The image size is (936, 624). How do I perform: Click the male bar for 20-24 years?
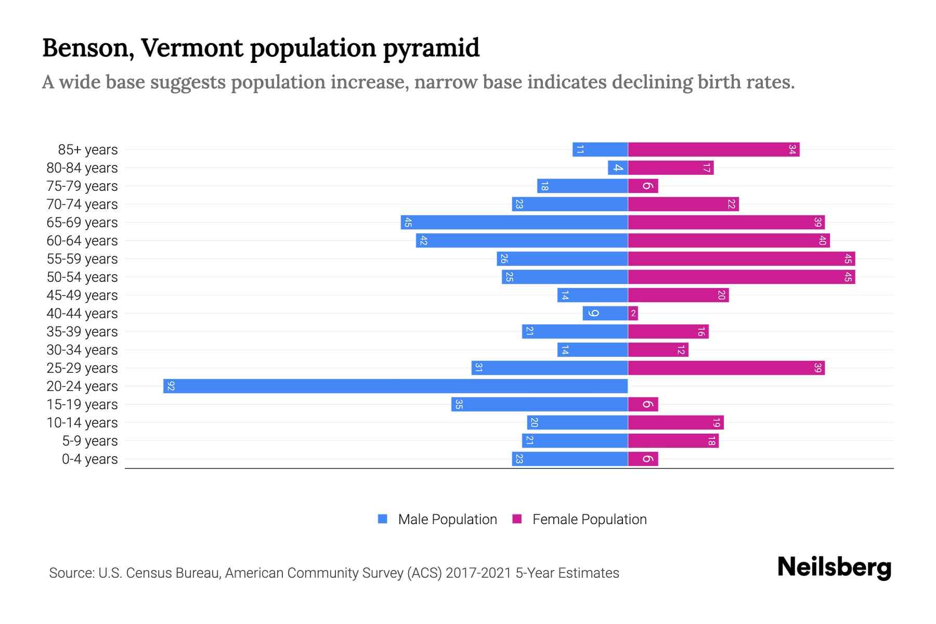pyautogui.click(x=395, y=386)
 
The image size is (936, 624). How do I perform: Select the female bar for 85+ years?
pyautogui.click(x=713, y=150)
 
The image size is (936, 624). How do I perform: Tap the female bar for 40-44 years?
pyautogui.click(x=633, y=314)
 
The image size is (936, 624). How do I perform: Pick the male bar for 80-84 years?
pyautogui.click(x=618, y=168)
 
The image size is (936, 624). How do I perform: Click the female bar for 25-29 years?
pyautogui.click(x=726, y=368)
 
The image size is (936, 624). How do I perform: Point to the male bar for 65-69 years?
pyautogui.click(x=514, y=223)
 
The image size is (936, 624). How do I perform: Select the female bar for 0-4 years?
pyautogui.click(x=643, y=459)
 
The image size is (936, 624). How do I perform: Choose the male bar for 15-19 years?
pyautogui.click(x=539, y=405)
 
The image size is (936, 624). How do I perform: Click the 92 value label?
pyautogui.click(x=171, y=386)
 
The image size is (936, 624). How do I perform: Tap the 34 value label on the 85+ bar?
pyautogui.click(x=792, y=150)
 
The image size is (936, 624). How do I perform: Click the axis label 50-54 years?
pyautogui.click(x=82, y=277)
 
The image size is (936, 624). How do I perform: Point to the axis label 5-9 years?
pyautogui.click(x=90, y=441)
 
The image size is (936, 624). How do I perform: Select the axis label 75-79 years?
pyautogui.click(x=82, y=186)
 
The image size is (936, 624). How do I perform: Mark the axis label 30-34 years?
pyautogui.click(x=82, y=350)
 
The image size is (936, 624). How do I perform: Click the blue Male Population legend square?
pyautogui.click(x=383, y=519)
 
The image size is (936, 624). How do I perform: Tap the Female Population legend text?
pyautogui.click(x=589, y=519)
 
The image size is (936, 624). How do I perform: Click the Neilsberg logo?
pyautogui.click(x=834, y=567)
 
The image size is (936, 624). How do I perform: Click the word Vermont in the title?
pyautogui.click(x=192, y=48)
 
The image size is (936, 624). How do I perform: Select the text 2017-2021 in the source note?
pyautogui.click(x=478, y=573)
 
